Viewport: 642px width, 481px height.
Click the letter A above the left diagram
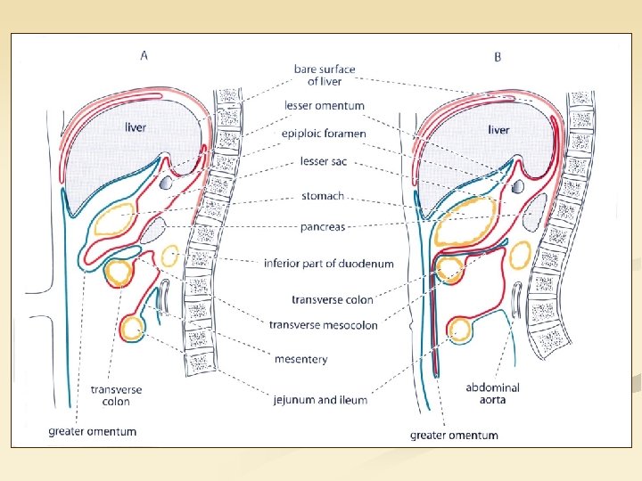click(144, 54)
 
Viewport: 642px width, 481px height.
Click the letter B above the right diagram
click(498, 57)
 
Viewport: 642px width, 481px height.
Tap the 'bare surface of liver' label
click(325, 75)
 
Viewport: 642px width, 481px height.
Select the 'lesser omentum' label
click(325, 105)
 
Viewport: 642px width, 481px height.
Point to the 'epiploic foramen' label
click(324, 134)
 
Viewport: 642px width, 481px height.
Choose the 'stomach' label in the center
click(323, 196)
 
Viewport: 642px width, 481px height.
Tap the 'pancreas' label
click(322, 227)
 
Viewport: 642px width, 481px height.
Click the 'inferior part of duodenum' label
click(328, 263)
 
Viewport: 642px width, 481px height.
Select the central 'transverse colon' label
click(333, 299)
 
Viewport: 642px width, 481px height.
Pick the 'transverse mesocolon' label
click(323, 324)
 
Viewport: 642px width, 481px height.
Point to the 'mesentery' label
click(300, 359)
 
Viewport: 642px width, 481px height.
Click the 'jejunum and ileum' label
click(320, 400)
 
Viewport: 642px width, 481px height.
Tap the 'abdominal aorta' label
click(492, 395)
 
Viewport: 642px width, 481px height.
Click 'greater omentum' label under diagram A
click(93, 432)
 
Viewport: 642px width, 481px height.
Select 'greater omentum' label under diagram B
click(454, 436)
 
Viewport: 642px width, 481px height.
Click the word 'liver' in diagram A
click(135, 127)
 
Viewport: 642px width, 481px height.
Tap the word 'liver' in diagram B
click(498, 130)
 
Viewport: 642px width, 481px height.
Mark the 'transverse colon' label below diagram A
click(116, 395)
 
